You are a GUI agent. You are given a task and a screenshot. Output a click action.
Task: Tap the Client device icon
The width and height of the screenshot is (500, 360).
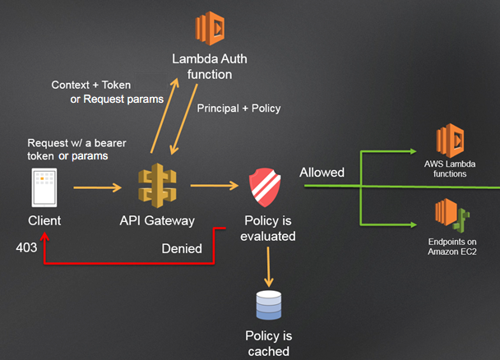[x=44, y=188]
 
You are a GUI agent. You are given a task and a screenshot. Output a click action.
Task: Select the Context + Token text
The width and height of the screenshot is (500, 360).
[x=90, y=85]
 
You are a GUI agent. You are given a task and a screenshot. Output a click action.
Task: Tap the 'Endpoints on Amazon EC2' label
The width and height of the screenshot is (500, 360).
[x=452, y=247]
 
